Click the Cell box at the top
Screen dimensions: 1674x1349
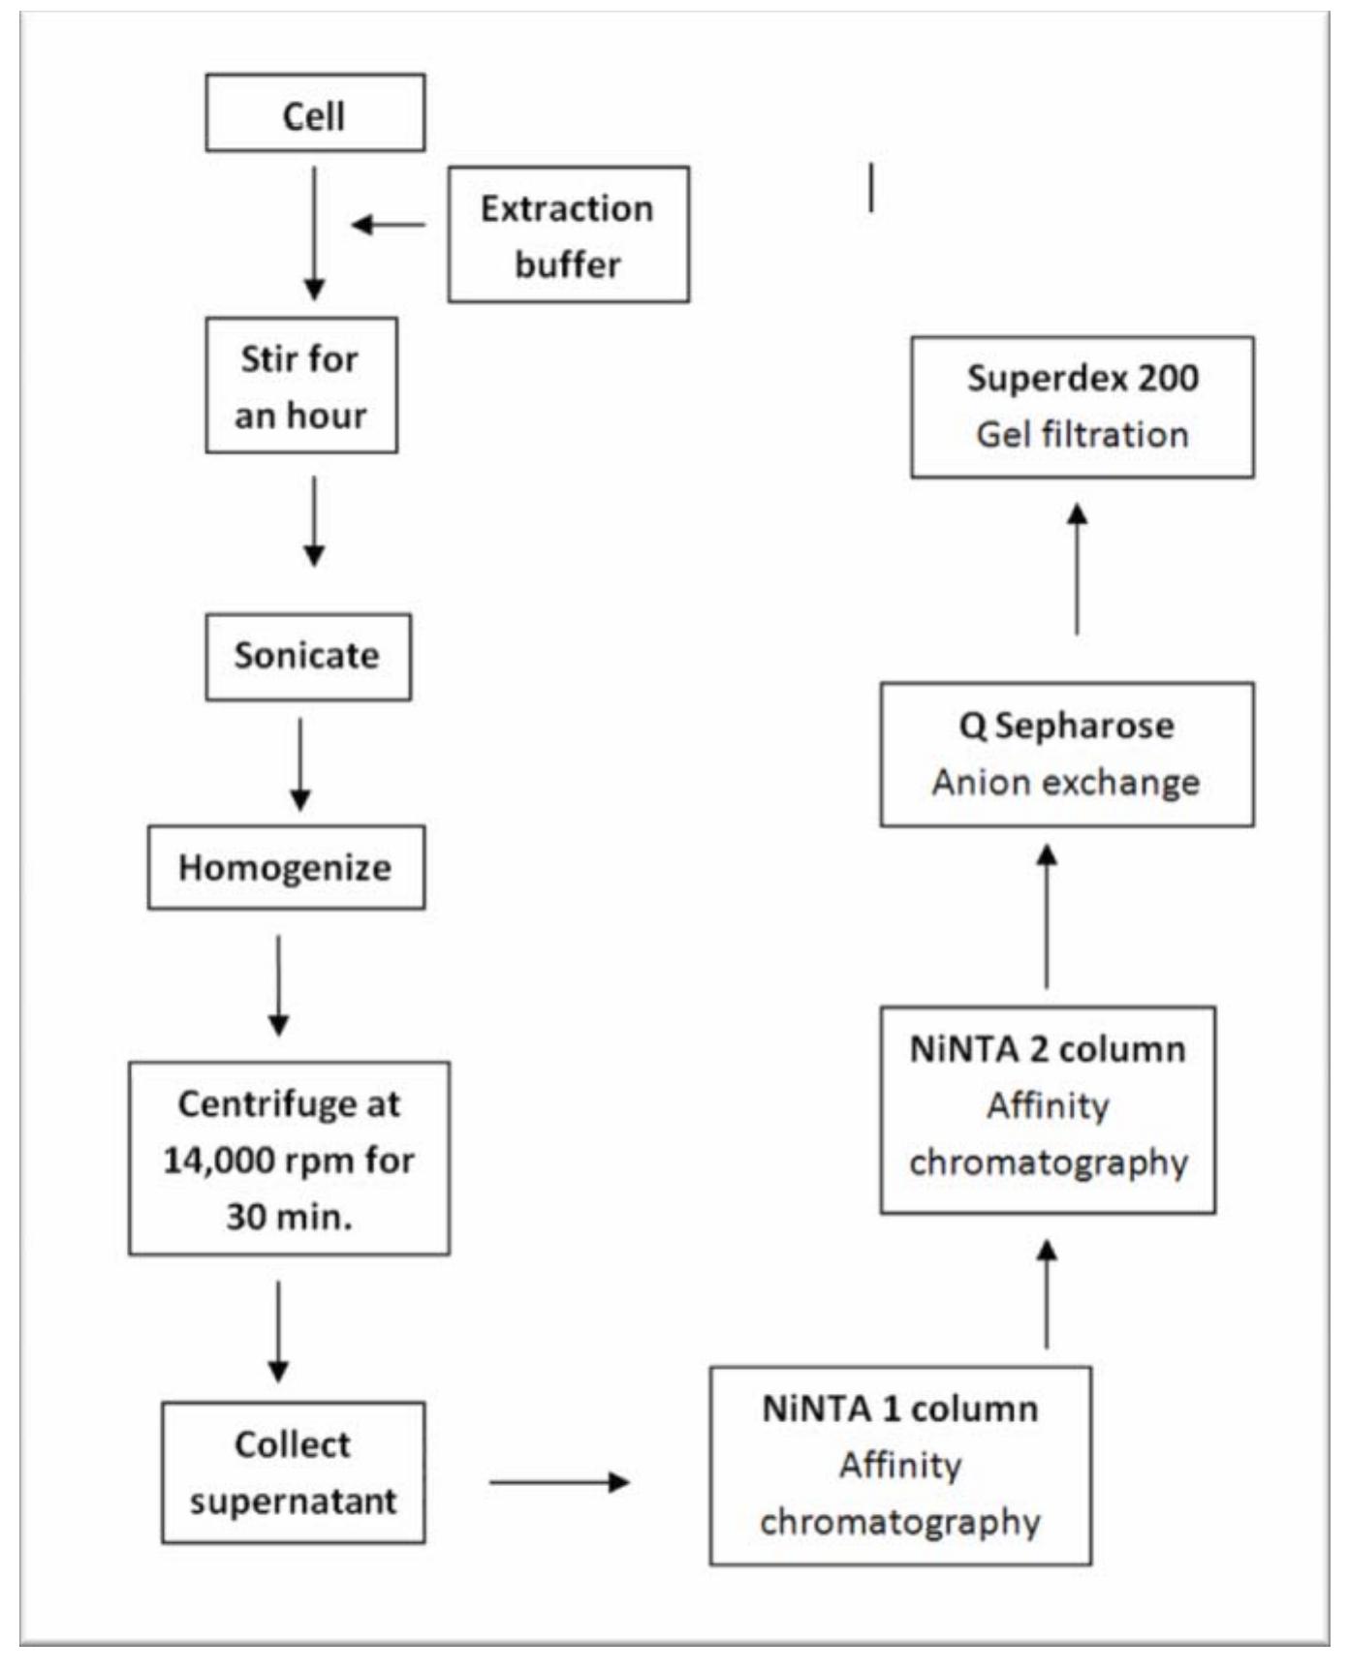pos(315,114)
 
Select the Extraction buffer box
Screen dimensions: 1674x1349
pos(568,234)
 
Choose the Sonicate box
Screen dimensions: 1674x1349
pos(307,656)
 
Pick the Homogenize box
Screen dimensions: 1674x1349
pos(286,867)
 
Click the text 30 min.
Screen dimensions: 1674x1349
pos(289,1216)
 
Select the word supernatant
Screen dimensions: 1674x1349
pos(293,1501)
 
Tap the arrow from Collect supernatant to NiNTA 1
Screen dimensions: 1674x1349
pos(559,1481)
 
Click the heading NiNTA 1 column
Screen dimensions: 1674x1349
pos(899,1408)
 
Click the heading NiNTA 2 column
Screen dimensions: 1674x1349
pos(1047,1048)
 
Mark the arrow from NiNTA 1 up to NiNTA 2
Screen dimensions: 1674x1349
pos(1046,1294)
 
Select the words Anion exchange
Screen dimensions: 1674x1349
pos(1065,782)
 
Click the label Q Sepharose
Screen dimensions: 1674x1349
pos(1066,726)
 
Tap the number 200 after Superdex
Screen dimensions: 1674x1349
pos(1168,378)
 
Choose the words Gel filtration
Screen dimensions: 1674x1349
pos(1082,434)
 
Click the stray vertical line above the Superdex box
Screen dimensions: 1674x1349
pos(871,187)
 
